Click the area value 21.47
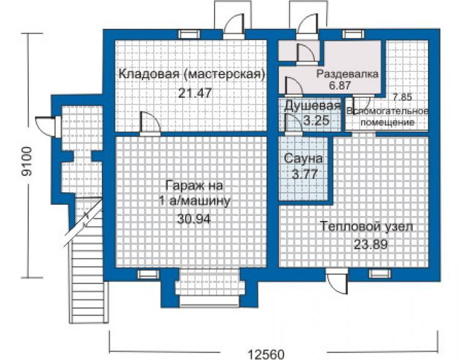pyautogui.click(x=195, y=93)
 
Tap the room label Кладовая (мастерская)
pyautogui.click(x=191, y=74)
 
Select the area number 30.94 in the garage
pyautogui.click(x=194, y=219)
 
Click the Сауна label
pyautogui.click(x=303, y=159)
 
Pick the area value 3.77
pyautogui.click(x=305, y=174)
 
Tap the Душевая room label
pyautogui.click(x=312, y=106)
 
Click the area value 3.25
pyautogui.click(x=316, y=120)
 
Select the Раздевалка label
pyautogui.click(x=347, y=74)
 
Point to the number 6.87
pyautogui.click(x=340, y=85)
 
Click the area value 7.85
pyautogui.click(x=402, y=96)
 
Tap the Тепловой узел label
pyautogui.click(x=366, y=227)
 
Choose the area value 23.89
pyautogui.click(x=370, y=244)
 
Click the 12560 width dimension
pyautogui.click(x=267, y=354)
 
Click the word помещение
pyautogui.click(x=387, y=122)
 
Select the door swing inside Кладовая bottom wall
pyautogui.click(x=150, y=123)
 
